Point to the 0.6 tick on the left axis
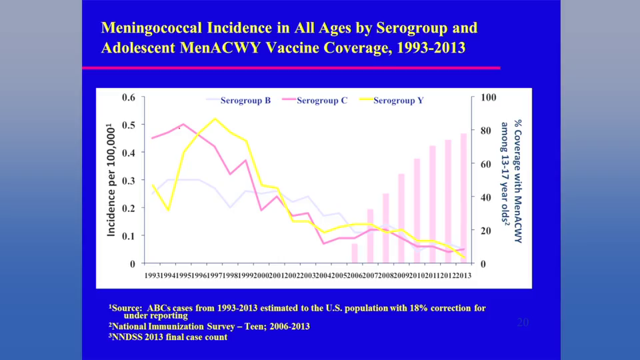[x=128, y=97]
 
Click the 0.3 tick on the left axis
[x=128, y=181]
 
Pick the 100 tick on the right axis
[x=489, y=97]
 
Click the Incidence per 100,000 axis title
[x=111, y=180]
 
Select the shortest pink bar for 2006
[x=355, y=253]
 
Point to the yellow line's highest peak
[x=215, y=119]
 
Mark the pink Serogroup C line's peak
[x=183, y=124]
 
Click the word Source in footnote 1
[x=127, y=308]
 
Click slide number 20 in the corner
[x=523, y=323]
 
